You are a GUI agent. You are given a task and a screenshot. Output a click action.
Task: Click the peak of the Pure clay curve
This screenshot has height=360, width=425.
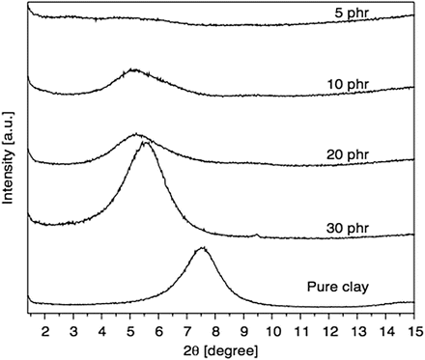(x=201, y=248)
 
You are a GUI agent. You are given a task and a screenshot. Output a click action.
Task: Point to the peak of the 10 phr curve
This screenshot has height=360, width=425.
(x=134, y=69)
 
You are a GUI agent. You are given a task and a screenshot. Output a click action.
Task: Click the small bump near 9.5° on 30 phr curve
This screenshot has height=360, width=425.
(x=256, y=234)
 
